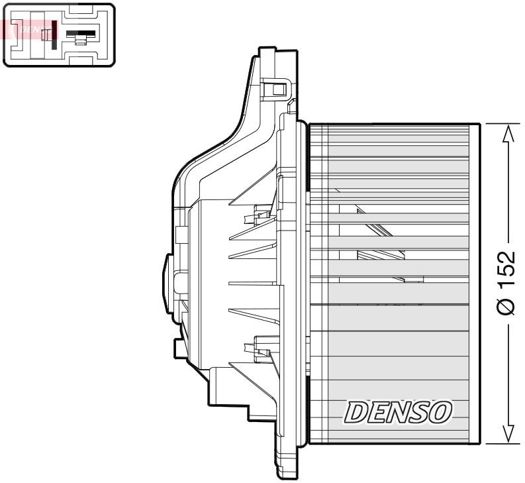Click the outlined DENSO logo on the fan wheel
pyautogui.click(x=397, y=412)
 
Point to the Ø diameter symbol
pyautogui.click(x=506, y=306)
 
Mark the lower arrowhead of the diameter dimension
pyautogui.click(x=507, y=433)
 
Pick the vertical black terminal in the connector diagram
pyautogui.click(x=54, y=34)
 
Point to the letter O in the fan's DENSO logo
pyautogui.click(x=441, y=412)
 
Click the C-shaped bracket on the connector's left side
pyautogui.click(x=14, y=34)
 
